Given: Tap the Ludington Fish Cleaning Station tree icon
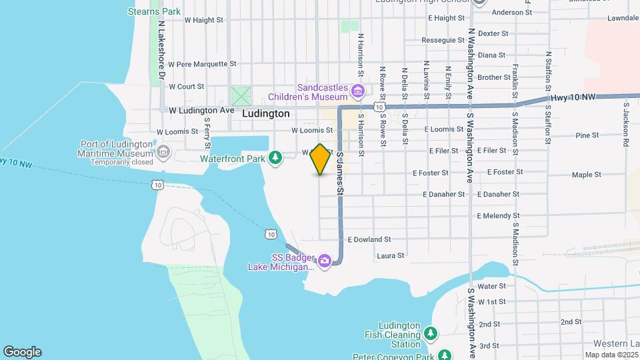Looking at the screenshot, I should coord(431,332).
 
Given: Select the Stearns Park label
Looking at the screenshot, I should coord(154,11).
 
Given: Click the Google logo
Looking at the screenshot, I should coord(22,352).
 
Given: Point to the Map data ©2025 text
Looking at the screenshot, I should coord(611,355).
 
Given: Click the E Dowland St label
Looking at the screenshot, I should coord(369,239).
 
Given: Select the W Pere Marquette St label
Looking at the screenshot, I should coord(202,65).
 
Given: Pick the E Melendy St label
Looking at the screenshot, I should coord(498,216).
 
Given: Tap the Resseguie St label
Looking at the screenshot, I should coord(443,40).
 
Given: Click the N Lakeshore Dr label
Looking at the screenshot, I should coord(161,49).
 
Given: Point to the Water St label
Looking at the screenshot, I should coord(493,286).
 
